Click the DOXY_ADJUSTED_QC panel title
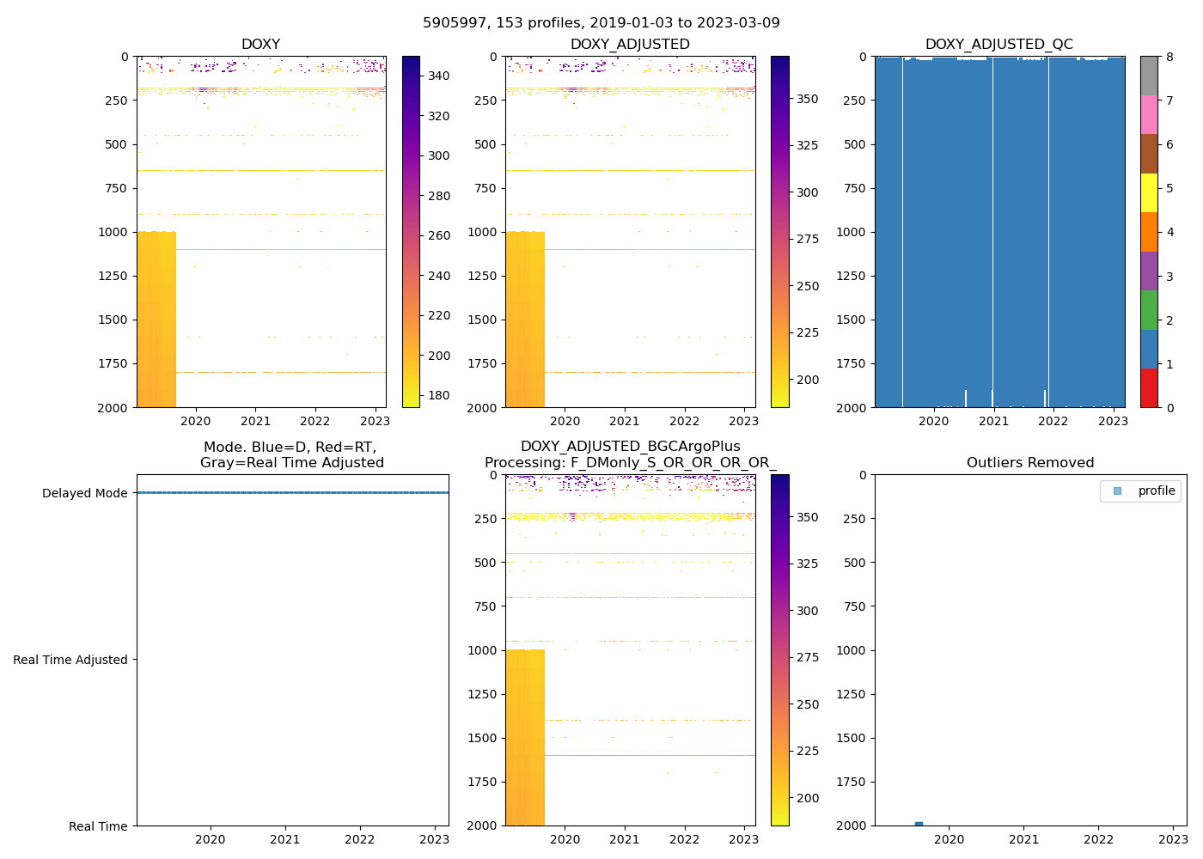tap(998, 45)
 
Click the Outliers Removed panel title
tap(1029, 463)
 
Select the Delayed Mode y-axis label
tap(84, 493)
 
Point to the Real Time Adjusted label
tap(70, 660)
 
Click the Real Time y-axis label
tap(98, 826)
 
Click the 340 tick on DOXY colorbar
tap(438, 76)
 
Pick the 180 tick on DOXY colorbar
tap(438, 395)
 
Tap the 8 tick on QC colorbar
tap(1169, 57)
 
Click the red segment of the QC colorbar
tap(1149, 387)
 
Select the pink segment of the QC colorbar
tap(1149, 115)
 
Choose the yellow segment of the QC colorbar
tap(1149, 193)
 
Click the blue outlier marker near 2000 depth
tap(919, 824)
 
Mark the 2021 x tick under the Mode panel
tap(285, 839)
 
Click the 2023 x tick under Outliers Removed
tap(1173, 839)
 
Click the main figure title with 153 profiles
tap(601, 23)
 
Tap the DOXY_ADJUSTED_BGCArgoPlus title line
tap(630, 447)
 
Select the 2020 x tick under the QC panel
tap(933, 421)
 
